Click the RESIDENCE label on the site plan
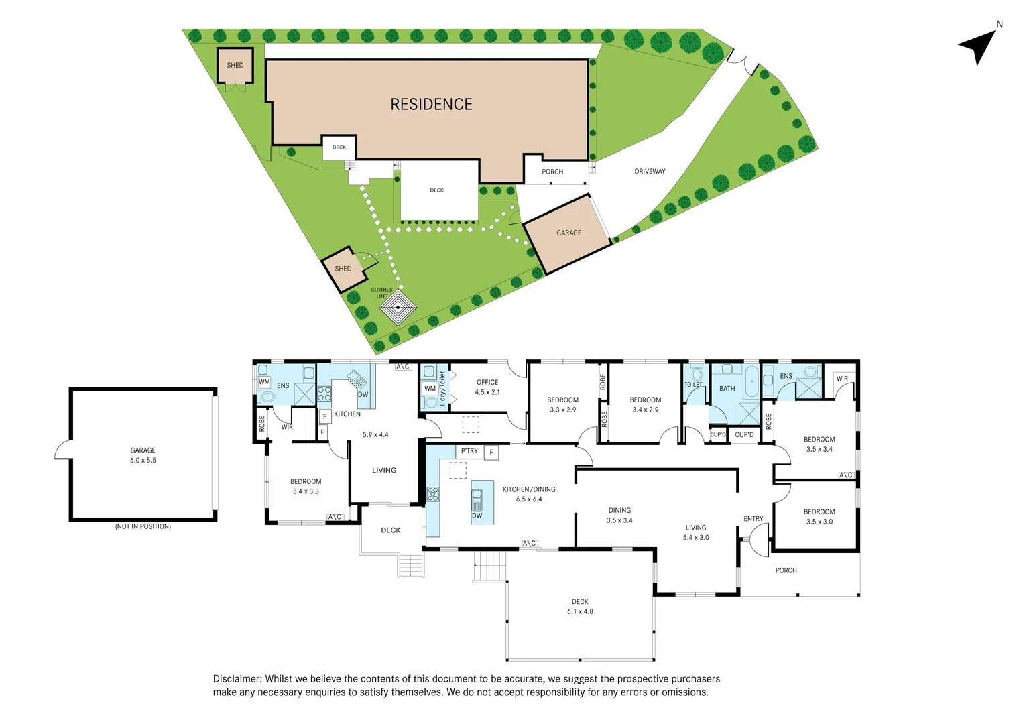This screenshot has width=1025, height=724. pos(431,104)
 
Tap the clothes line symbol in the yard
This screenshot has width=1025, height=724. pos(398,308)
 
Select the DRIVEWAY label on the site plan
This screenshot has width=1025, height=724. pos(650,171)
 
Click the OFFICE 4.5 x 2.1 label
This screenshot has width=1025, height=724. pos(487,387)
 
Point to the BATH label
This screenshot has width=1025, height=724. pos(727,388)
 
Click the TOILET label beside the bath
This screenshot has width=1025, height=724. pos(693,384)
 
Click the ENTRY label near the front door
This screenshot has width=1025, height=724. pos(753,518)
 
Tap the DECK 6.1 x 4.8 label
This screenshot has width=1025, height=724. pos(580,606)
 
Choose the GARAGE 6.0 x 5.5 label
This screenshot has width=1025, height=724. pos(143,455)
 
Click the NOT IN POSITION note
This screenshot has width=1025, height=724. pos(143,526)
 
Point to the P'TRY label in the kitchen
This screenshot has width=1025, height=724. pos(469,451)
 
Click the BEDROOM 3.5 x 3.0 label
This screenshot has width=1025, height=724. pos(819,516)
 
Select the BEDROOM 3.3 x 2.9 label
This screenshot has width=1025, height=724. pos(562,404)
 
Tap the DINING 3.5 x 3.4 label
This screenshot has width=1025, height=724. pos(619,515)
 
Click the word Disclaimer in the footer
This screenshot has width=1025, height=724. pos(237,678)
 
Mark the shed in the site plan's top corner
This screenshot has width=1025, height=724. pos(235,65)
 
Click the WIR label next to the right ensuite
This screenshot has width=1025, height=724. pos(842,379)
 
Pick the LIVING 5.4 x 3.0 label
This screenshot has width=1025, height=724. pos(696,532)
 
